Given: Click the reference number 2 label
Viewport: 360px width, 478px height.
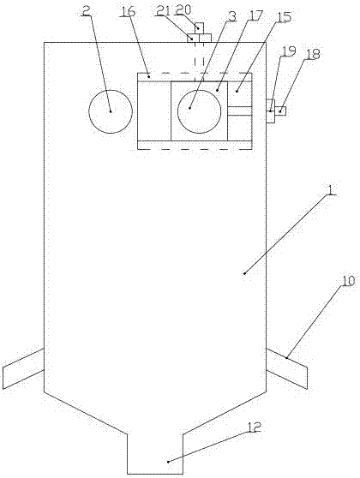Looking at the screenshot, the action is click(x=87, y=12).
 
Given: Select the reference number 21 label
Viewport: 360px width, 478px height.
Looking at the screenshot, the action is click(x=165, y=11).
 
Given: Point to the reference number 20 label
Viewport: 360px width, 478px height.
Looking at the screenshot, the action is click(x=183, y=9).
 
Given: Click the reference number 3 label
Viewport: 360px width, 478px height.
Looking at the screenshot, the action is click(x=232, y=16).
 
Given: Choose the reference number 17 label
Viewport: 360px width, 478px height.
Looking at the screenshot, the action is click(x=255, y=15).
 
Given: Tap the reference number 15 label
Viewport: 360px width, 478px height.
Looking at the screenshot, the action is click(x=283, y=17).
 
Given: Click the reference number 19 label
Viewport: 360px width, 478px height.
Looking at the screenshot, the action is click(x=288, y=51).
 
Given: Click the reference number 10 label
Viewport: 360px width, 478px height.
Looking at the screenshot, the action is click(x=348, y=281).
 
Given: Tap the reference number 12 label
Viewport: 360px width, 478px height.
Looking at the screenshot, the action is click(x=254, y=427).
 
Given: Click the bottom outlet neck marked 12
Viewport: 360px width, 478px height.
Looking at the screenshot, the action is click(x=154, y=454).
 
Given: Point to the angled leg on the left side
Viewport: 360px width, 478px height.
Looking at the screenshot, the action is click(x=23, y=368).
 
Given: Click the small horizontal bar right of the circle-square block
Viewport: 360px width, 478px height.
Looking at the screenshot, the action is click(x=239, y=111).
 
